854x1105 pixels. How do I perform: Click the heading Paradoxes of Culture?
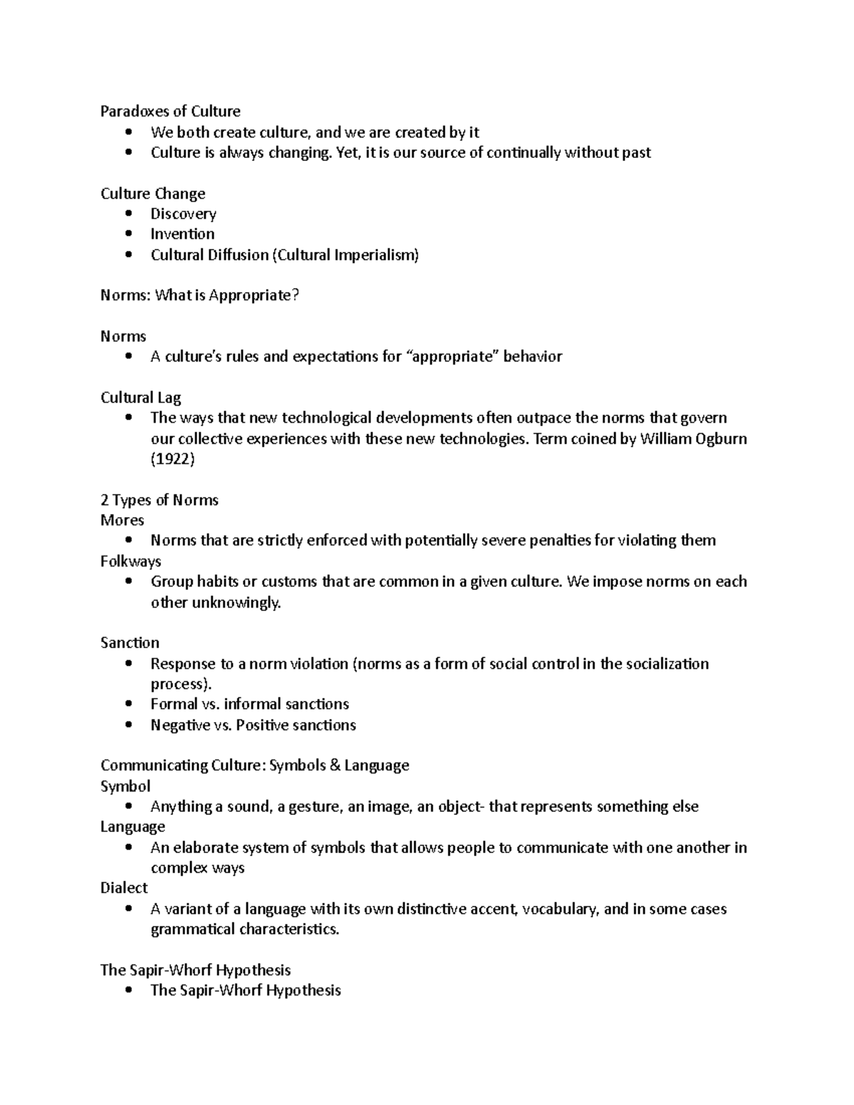point(170,111)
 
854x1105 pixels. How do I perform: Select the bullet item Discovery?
point(183,213)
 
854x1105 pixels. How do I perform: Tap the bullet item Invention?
point(182,234)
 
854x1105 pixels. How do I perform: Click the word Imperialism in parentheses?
point(375,255)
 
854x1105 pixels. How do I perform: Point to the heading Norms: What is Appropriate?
point(199,295)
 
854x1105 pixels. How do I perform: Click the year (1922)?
point(172,459)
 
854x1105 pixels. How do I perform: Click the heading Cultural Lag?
point(140,398)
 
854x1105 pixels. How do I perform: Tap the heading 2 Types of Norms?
point(159,500)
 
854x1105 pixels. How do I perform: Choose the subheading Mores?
point(122,520)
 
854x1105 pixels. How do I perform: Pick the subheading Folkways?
point(131,561)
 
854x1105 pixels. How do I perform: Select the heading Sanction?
point(130,643)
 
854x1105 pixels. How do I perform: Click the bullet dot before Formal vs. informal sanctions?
point(128,704)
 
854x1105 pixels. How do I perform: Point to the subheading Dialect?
point(124,888)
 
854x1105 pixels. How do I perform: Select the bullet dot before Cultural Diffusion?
point(128,255)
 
